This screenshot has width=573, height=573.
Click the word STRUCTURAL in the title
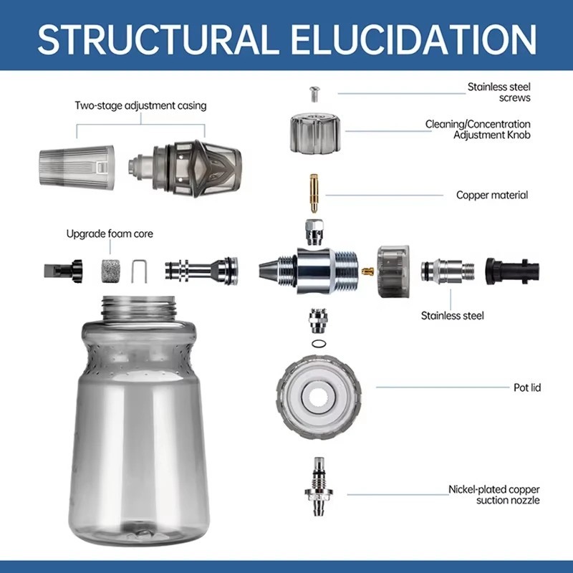(156, 39)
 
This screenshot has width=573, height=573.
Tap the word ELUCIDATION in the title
(413, 39)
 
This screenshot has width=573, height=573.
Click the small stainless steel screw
(314, 94)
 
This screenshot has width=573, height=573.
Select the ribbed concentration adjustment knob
(316, 133)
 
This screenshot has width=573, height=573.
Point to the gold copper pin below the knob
(314, 193)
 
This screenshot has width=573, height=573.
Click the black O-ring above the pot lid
(319, 344)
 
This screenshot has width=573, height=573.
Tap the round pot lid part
(319, 396)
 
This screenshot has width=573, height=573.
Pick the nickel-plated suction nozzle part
(319, 486)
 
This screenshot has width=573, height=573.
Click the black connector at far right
(512, 271)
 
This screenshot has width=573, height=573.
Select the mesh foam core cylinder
(111, 271)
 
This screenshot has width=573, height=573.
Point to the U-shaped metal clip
(139, 271)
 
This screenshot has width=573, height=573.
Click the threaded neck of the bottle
(138, 308)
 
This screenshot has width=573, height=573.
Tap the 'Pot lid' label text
(527, 387)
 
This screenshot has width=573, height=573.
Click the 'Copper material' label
(492, 195)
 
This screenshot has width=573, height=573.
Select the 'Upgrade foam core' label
(110, 233)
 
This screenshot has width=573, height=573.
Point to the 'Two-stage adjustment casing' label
(140, 105)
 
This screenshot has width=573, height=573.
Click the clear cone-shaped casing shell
(77, 168)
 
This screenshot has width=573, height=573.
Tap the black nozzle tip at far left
(63, 271)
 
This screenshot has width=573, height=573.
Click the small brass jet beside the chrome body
(367, 271)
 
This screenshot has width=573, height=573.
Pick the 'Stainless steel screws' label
(499, 92)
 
